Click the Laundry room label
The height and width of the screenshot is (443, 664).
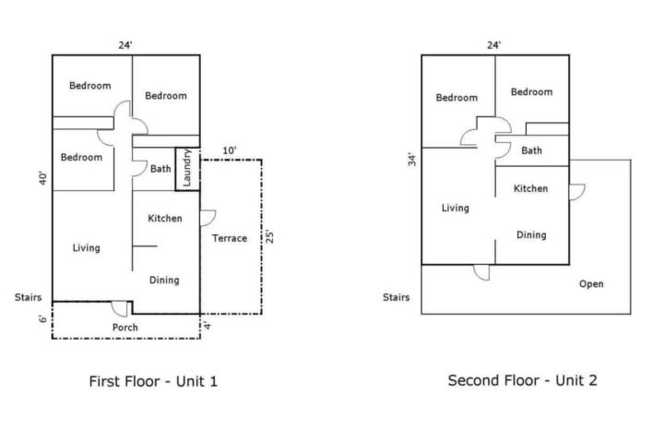pos(186,167)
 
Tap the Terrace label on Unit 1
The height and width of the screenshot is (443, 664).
pos(230,238)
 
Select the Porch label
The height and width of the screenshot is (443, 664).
pos(125,328)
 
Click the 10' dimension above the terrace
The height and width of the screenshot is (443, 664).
pos(230,150)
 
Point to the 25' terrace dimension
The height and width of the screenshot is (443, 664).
pos(269,236)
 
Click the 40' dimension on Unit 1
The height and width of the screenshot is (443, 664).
pos(43,178)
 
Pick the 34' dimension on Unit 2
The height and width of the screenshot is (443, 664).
pos(412,160)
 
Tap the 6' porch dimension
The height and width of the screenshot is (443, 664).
pos(43,318)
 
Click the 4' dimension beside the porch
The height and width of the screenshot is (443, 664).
pos(207,325)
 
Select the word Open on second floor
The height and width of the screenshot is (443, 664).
pos(591,284)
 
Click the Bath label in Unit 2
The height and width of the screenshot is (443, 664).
pos(531,150)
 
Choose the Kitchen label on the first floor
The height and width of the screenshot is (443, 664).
pos(165,219)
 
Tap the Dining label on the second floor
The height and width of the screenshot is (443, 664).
pos(531,234)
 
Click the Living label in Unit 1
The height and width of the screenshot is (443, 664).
pos(87,248)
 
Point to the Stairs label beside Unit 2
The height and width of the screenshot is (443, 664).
pos(397,297)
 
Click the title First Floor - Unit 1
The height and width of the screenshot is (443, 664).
pos(153,381)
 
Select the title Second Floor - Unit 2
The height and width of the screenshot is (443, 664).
pos(523,380)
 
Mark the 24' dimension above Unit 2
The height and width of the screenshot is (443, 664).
pos(493,45)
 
